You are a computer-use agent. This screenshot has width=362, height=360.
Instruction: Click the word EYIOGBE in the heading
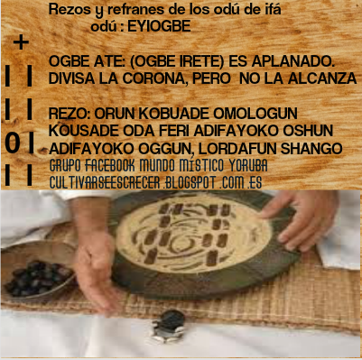coord(160,26)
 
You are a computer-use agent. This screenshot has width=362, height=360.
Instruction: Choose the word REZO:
coord(71,113)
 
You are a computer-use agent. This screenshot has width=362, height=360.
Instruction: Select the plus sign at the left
coord(21,42)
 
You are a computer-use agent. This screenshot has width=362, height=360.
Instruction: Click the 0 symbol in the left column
coord(12,143)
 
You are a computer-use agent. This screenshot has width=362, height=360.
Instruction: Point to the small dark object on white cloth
coord(168,322)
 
